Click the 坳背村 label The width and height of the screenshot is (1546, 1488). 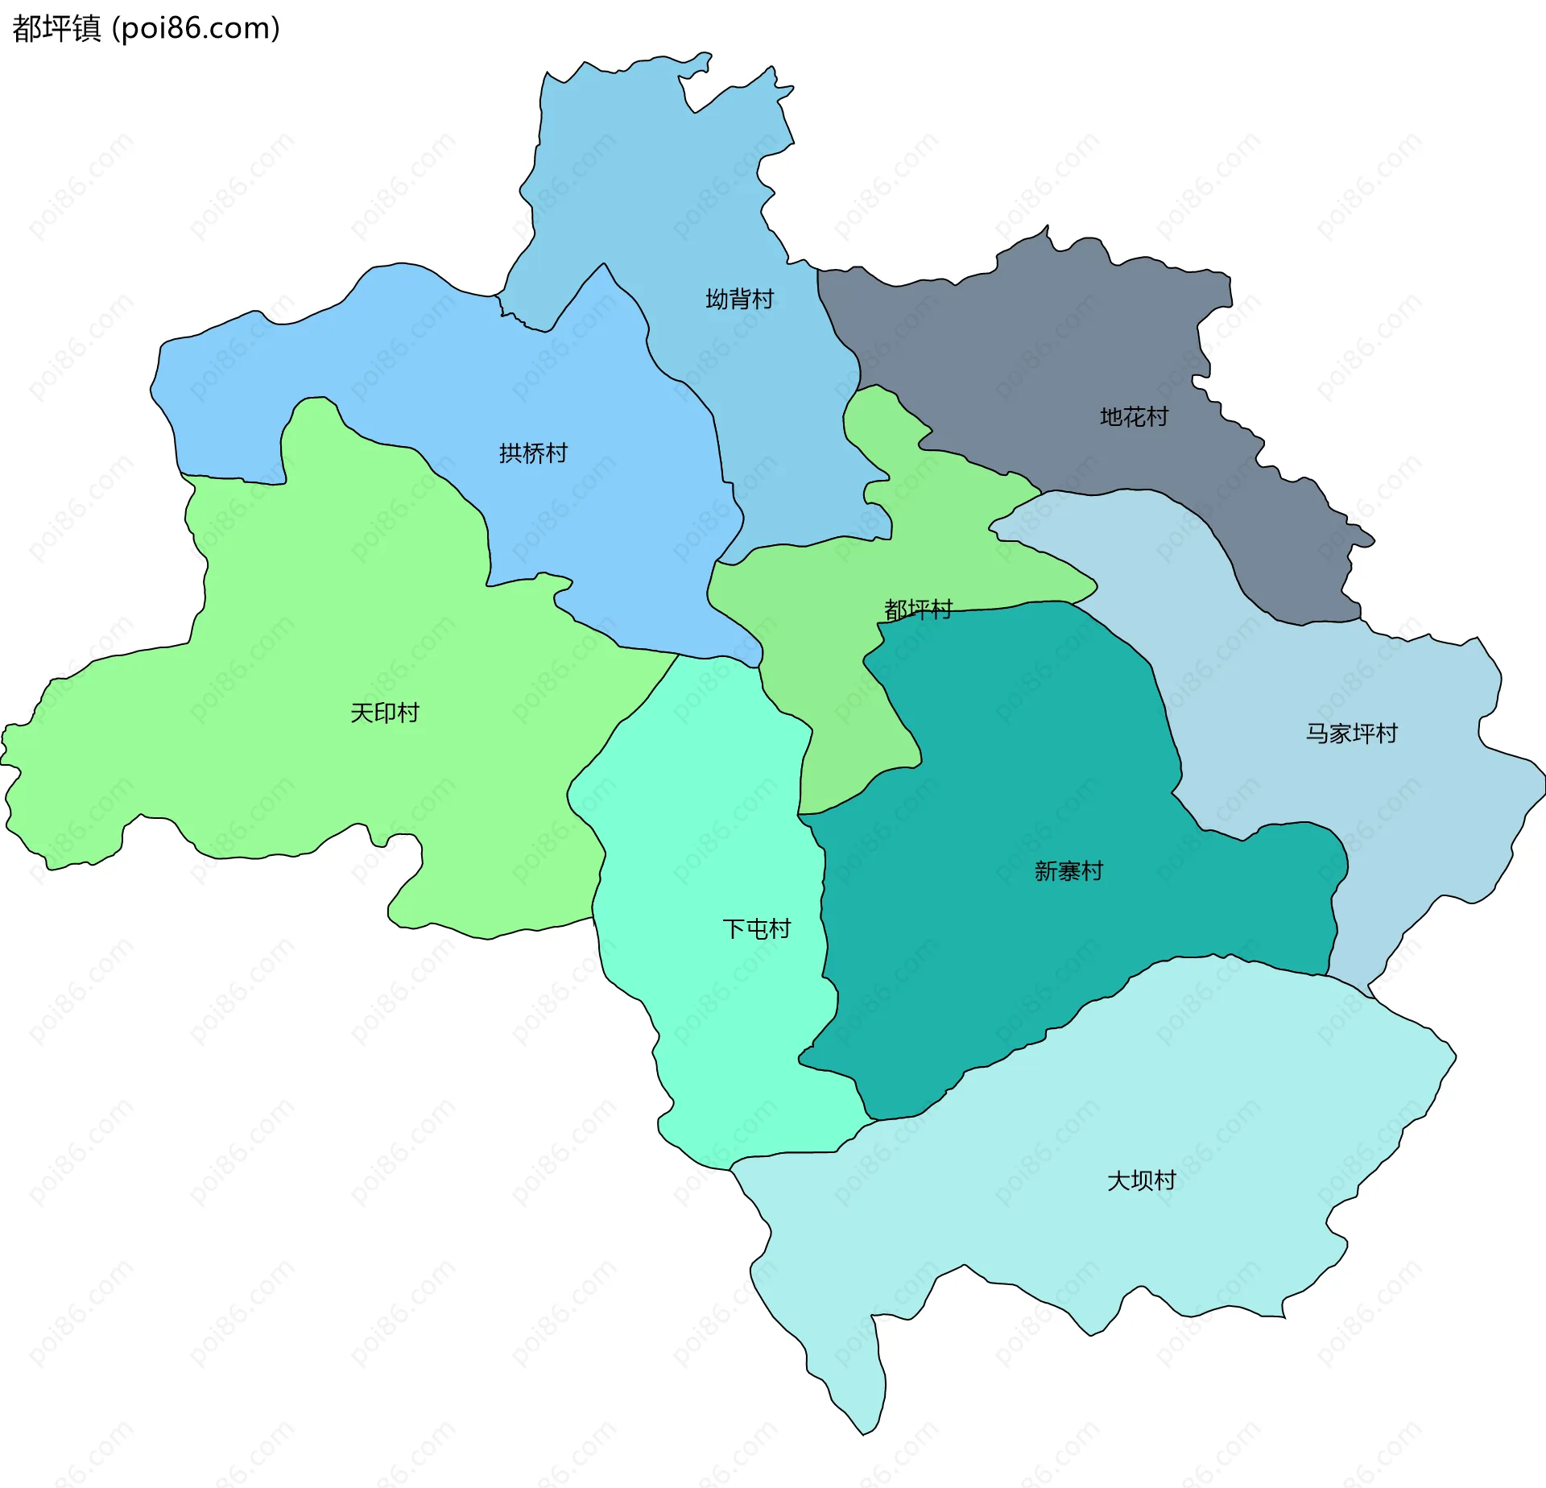(739, 300)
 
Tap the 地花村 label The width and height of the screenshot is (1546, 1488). (1134, 417)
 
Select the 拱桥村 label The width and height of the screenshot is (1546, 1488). (533, 453)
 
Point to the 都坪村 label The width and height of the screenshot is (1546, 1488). (918, 609)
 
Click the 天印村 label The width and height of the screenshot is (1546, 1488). (385, 713)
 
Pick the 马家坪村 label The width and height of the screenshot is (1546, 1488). (1351, 734)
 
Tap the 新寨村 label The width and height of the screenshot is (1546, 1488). (1069, 871)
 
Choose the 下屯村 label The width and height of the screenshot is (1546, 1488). (757, 929)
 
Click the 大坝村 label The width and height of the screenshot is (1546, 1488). (1142, 1180)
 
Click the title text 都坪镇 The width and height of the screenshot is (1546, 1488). (56, 29)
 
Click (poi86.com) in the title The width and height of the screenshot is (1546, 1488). (196, 29)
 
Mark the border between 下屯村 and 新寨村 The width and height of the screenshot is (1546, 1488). (824, 926)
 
